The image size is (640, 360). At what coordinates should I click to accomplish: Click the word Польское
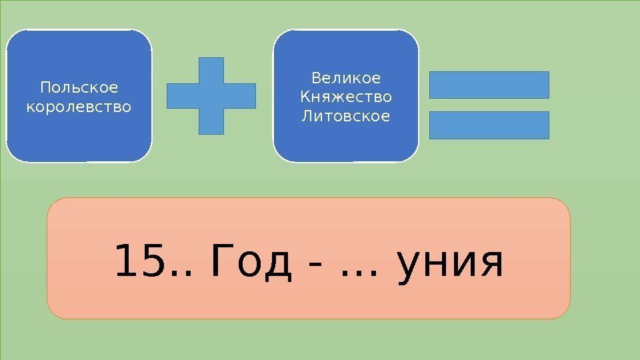click(79, 88)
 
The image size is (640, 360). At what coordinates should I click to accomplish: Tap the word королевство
click(79, 106)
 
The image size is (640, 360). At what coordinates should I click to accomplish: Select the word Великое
click(346, 79)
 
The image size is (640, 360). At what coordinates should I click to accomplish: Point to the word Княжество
click(346, 97)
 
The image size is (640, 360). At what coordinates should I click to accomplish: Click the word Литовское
click(346, 116)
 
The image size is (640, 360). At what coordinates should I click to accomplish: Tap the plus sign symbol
click(211, 95)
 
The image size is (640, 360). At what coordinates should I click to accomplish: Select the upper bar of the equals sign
click(489, 85)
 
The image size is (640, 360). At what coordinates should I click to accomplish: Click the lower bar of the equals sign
click(489, 125)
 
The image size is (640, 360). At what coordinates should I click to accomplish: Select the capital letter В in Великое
click(316, 79)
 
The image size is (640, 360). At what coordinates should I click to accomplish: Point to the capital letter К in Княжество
click(305, 97)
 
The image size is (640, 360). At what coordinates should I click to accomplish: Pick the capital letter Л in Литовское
click(307, 116)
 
